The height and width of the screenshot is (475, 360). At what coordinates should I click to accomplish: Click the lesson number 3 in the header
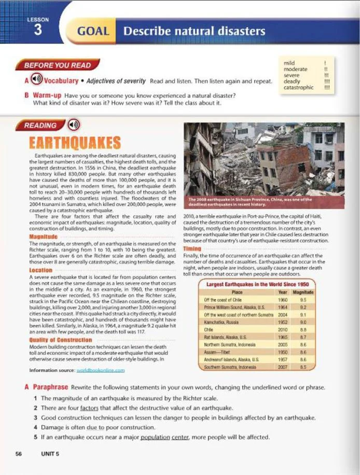[x=37, y=30]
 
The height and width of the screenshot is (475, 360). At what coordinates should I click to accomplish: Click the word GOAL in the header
[x=93, y=31]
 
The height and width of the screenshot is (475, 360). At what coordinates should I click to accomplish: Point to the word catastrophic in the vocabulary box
[x=298, y=88]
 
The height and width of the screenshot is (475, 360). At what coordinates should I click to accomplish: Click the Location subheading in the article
[x=41, y=270]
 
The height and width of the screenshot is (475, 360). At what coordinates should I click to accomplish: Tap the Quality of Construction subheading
[x=61, y=340]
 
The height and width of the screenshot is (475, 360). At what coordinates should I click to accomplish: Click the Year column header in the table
[x=283, y=292]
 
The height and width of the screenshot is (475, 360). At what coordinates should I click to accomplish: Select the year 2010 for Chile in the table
[x=283, y=329]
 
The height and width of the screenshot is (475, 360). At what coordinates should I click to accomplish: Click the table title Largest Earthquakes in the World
[x=257, y=285]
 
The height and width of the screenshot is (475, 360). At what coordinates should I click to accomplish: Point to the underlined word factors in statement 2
[x=89, y=408]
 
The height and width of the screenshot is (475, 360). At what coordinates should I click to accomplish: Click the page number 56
[x=19, y=454]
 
